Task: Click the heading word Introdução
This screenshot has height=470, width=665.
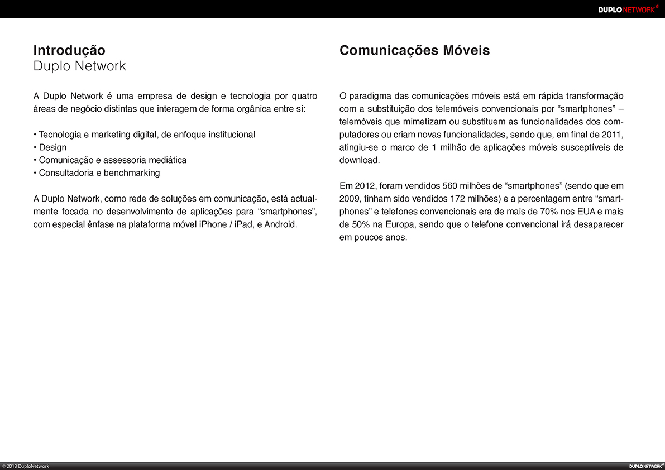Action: pos(69,51)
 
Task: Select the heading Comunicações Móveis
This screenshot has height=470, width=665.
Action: pos(414,51)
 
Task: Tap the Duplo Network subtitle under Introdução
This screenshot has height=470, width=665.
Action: pos(80,66)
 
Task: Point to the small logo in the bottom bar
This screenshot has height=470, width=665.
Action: pos(645,466)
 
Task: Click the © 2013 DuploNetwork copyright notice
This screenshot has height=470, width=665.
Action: pos(26,466)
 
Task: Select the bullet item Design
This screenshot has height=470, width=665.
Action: pos(52,147)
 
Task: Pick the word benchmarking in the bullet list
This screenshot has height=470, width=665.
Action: pos(132,173)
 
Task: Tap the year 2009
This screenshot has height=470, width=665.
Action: pos(350,199)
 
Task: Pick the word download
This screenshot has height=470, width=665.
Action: pos(359,160)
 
